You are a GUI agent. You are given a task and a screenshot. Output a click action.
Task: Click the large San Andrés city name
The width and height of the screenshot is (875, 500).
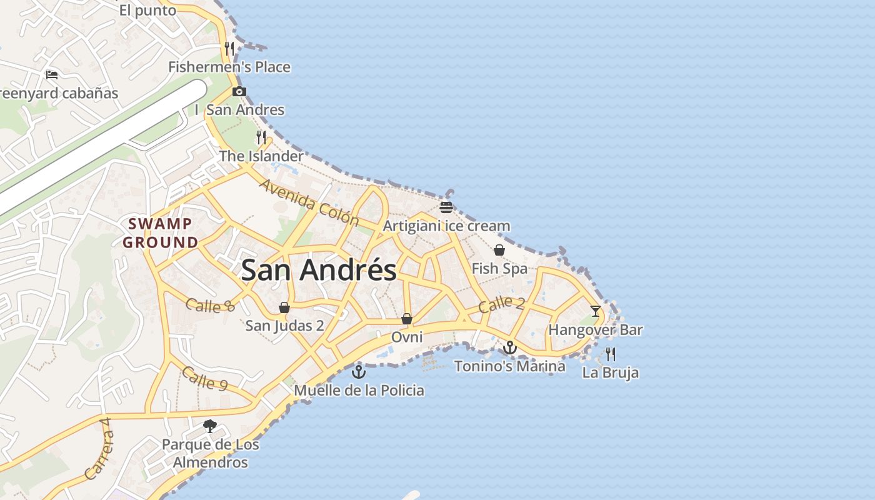(x=319, y=271)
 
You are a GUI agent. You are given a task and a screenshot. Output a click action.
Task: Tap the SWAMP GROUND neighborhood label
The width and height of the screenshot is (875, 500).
(x=160, y=233)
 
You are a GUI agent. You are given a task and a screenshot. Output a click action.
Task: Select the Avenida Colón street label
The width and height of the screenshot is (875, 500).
(x=309, y=202)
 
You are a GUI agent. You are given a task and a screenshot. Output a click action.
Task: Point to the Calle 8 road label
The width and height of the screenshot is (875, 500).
(x=210, y=306)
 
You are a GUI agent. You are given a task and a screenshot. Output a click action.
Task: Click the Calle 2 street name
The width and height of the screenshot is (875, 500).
(x=502, y=305)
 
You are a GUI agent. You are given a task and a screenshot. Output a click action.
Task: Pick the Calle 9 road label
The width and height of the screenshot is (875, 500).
(x=204, y=379)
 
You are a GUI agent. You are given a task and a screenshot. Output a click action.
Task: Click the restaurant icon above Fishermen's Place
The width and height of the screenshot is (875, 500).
(x=229, y=48)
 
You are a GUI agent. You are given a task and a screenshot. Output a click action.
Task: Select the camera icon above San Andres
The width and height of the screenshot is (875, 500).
(x=239, y=92)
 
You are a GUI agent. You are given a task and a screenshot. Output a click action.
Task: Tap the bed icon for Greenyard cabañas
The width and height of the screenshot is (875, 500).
(x=52, y=75)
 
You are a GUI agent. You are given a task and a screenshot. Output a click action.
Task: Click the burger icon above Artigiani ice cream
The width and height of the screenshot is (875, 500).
(x=446, y=207)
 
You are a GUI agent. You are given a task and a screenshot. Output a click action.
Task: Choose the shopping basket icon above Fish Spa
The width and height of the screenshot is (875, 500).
(x=499, y=251)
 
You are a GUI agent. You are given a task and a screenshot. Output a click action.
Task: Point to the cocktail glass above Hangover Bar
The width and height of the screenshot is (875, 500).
(x=595, y=311)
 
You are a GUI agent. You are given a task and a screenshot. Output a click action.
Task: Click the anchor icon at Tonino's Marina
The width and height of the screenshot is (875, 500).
(x=510, y=347)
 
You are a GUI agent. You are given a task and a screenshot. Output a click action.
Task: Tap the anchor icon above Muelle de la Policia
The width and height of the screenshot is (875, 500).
(x=359, y=372)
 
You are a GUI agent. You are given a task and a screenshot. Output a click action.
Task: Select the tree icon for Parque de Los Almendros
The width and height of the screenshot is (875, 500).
(x=210, y=426)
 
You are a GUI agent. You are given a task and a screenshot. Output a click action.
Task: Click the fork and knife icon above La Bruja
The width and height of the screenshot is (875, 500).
(x=611, y=354)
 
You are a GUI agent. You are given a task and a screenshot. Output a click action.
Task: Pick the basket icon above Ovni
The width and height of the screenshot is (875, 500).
(x=407, y=319)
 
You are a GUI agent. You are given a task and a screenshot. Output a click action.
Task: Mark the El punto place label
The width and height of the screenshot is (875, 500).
(x=147, y=11)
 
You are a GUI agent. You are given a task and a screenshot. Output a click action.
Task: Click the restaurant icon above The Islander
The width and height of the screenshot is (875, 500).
(x=261, y=137)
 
